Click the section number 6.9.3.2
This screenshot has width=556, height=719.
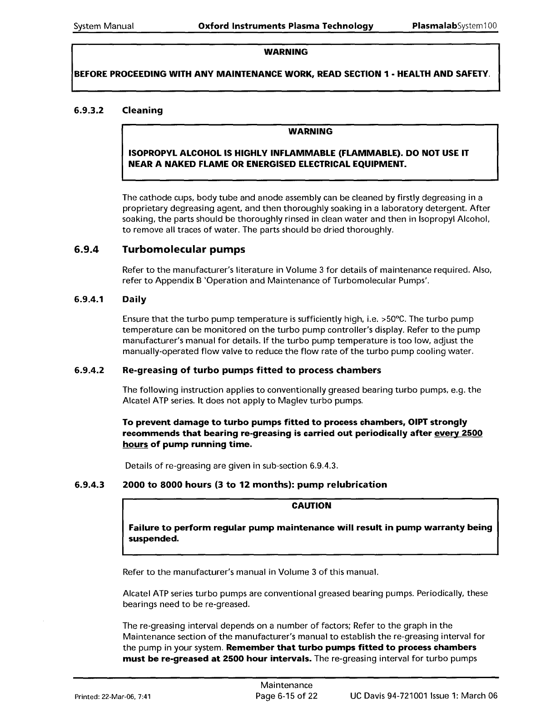coord(89,110)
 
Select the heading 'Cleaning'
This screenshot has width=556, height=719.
coord(143,110)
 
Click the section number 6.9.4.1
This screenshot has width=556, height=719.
coord(89,300)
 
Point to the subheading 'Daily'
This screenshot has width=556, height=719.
coord(134,300)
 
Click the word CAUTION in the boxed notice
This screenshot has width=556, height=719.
coord(311,506)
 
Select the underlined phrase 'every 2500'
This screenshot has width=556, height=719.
coord(458,433)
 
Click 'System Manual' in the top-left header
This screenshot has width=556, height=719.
coord(104,26)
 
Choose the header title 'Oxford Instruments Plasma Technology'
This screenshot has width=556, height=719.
coord(286,26)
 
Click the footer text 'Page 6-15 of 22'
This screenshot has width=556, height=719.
coord(286,696)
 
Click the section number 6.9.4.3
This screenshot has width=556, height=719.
coord(89,485)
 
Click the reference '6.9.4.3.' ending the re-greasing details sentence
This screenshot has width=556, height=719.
coord(324,466)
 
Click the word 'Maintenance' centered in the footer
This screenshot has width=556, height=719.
coord(286,685)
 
